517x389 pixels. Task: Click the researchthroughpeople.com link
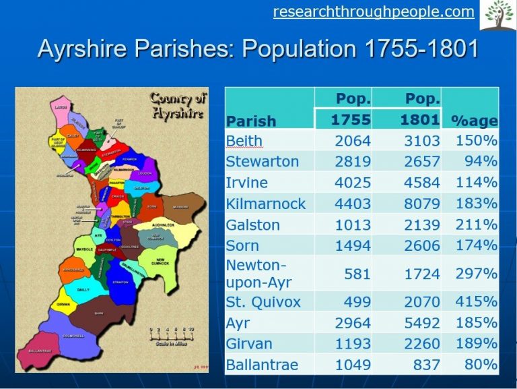click(374, 11)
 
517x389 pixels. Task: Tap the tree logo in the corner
click(497, 15)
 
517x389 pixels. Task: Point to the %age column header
click(474, 121)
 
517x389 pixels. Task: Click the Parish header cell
click(251, 121)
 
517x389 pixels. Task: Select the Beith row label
click(244, 141)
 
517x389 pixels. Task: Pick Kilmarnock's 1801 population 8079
click(422, 204)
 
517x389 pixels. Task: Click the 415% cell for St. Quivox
click(476, 301)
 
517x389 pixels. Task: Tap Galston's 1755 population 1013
click(353, 225)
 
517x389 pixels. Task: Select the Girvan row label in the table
click(249, 343)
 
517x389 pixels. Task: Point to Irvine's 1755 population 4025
click(353, 183)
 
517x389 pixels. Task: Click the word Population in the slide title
click(291, 50)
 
